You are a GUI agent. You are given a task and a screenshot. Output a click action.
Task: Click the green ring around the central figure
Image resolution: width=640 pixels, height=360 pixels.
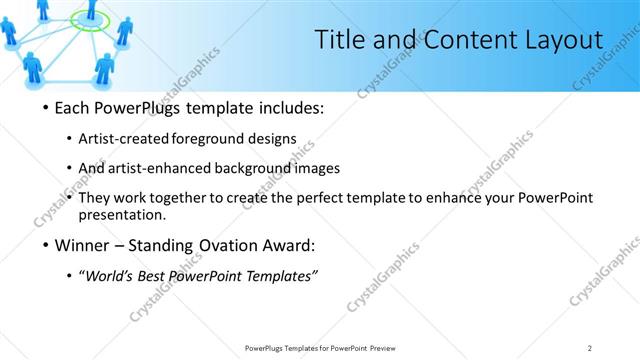[x=90, y=20]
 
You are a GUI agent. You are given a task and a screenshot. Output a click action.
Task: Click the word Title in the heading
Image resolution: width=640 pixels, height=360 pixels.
[x=339, y=40]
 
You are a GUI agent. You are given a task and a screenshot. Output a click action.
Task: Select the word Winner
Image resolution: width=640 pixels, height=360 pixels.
[x=81, y=245]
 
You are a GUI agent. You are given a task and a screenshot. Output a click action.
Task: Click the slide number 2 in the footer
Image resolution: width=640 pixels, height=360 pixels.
[x=590, y=348]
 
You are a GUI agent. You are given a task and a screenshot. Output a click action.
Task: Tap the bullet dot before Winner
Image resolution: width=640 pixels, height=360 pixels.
[x=46, y=245]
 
